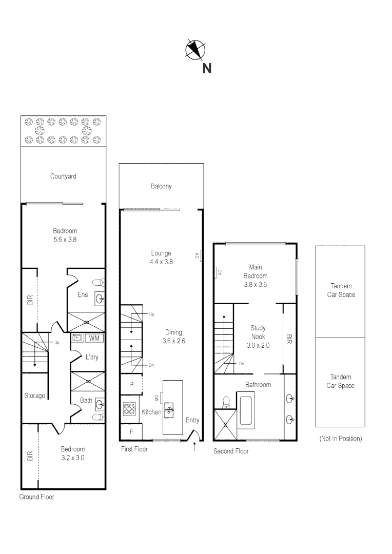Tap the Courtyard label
[x=63, y=176]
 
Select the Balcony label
[x=161, y=186]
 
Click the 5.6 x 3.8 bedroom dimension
[x=65, y=239]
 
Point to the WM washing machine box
[x=94, y=338]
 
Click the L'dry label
[x=91, y=357]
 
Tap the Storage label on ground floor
[x=35, y=395]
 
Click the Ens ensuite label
[x=83, y=295]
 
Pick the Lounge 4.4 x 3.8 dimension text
[x=161, y=261]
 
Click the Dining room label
[x=173, y=332]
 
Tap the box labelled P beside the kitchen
[x=131, y=385]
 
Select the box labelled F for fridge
[x=131, y=431]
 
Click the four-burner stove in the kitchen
[x=128, y=409]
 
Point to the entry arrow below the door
[x=194, y=447]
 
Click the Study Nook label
[x=258, y=332]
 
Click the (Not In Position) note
[x=340, y=439]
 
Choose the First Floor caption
[x=134, y=449]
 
